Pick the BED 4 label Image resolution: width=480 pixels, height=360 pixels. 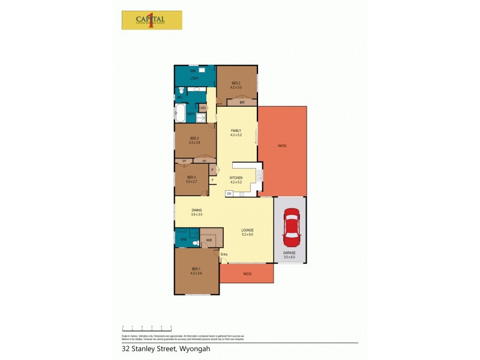[x=191, y=178]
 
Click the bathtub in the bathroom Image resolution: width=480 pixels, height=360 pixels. [x=180, y=112]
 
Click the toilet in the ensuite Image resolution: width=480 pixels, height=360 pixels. [x=196, y=243]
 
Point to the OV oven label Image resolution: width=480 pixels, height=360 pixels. [x=229, y=194]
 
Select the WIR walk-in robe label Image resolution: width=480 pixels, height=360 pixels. [x=209, y=241]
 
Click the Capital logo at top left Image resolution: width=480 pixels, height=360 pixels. [x=152, y=20]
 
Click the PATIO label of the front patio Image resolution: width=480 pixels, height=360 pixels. [x=247, y=274]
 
